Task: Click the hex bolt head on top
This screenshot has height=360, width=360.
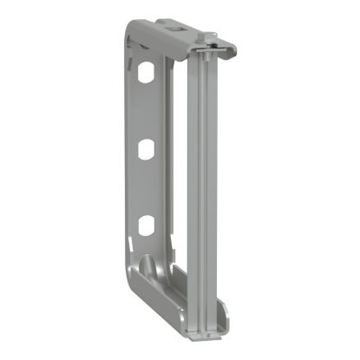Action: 207,38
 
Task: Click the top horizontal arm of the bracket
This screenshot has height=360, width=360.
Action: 169,39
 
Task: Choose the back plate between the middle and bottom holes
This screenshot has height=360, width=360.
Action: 146,188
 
